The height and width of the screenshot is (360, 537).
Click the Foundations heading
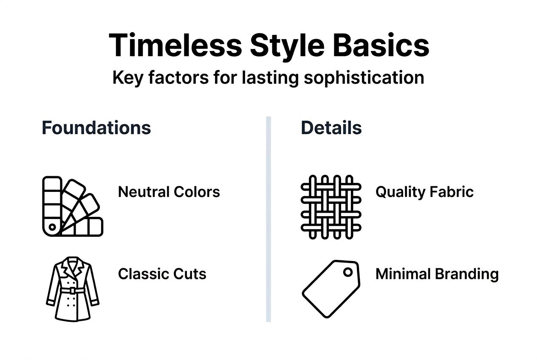pyautogui.click(x=96, y=128)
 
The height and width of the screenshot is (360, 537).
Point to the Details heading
pyautogui.click(x=331, y=128)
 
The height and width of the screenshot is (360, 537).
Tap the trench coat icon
pyautogui.click(x=72, y=288)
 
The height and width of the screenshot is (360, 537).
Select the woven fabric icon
pyautogui.click(x=331, y=206)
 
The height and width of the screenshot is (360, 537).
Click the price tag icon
pyautogui.click(x=331, y=288)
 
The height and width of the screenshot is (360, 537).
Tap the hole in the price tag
pyautogui.click(x=348, y=272)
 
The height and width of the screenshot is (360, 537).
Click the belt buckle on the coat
pyautogui.click(x=73, y=291)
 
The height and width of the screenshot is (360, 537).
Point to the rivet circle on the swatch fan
pyautogui.click(x=52, y=227)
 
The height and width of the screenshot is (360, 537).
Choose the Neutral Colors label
pyautogui.click(x=169, y=192)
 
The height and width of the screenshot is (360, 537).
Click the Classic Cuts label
pyautogui.click(x=162, y=274)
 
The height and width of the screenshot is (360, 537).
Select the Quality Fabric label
pyautogui.click(x=424, y=192)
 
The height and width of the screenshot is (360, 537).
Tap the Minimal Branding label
pyautogui.click(x=437, y=274)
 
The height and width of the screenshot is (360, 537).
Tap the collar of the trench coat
pyautogui.click(x=73, y=267)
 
